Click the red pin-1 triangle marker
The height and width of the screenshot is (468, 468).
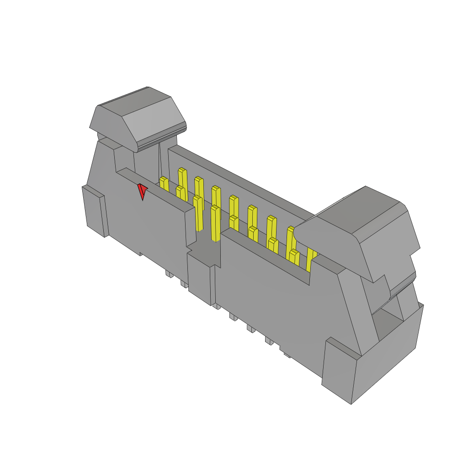(x=143, y=191)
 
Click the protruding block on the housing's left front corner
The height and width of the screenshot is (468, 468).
(x=95, y=211)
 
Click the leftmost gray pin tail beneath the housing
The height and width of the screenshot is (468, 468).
(x=169, y=274)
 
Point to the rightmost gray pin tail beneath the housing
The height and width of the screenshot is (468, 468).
(x=287, y=354)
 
